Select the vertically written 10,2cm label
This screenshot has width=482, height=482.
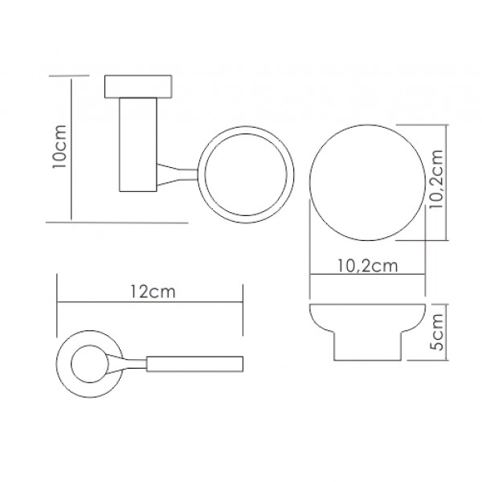436,180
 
